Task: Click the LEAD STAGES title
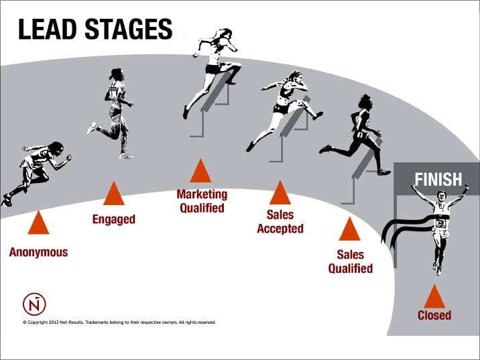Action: pyautogui.click(x=95, y=29)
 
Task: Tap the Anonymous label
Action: pyautogui.click(x=38, y=253)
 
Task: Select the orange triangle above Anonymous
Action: pyautogui.click(x=38, y=223)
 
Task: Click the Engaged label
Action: pyautogui.click(x=113, y=219)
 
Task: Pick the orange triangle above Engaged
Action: pyautogui.click(x=113, y=194)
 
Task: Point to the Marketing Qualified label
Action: pyautogui.click(x=202, y=201)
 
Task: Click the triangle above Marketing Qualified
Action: pyautogui.click(x=201, y=172)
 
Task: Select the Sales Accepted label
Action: pyautogui.click(x=280, y=222)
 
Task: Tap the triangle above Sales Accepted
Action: pyautogui.click(x=280, y=194)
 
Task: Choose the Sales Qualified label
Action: pyautogui.click(x=350, y=261)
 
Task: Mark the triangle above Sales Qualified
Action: pyautogui.click(x=349, y=230)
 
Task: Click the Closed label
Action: pyautogui.click(x=434, y=315)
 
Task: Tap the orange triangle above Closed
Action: pyautogui.click(x=434, y=296)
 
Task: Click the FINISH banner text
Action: pyautogui.click(x=438, y=180)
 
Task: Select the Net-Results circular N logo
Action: pyautogui.click(x=34, y=304)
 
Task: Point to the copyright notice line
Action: pyautogui.click(x=119, y=322)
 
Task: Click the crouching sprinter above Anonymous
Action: pyautogui.click(x=34, y=171)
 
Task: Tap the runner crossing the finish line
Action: pyautogui.click(x=439, y=225)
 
